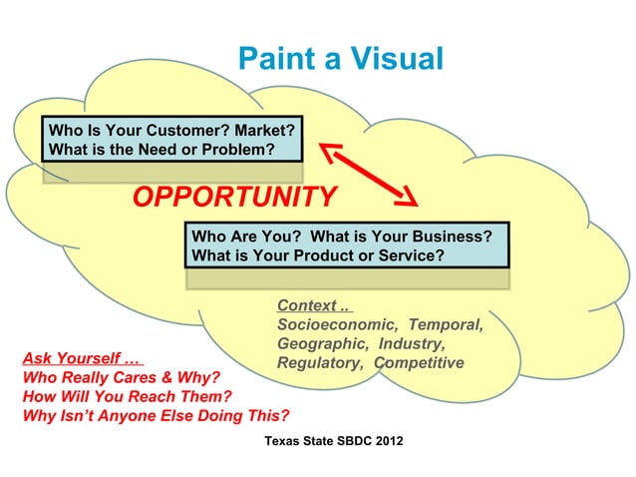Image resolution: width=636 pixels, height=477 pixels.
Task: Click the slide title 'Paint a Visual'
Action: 340,59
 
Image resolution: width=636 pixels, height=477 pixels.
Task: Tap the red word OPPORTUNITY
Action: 235,198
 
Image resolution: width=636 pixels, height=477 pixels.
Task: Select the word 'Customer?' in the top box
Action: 180,131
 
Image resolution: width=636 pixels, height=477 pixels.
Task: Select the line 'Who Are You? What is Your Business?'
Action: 342,237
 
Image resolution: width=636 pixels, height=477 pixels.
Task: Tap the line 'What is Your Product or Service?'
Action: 317,255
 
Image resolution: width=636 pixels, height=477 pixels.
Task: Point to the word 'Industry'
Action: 413,343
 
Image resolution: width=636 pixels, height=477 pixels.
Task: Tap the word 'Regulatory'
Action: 319,362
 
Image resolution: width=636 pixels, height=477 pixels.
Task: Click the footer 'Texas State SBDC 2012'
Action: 334,440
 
